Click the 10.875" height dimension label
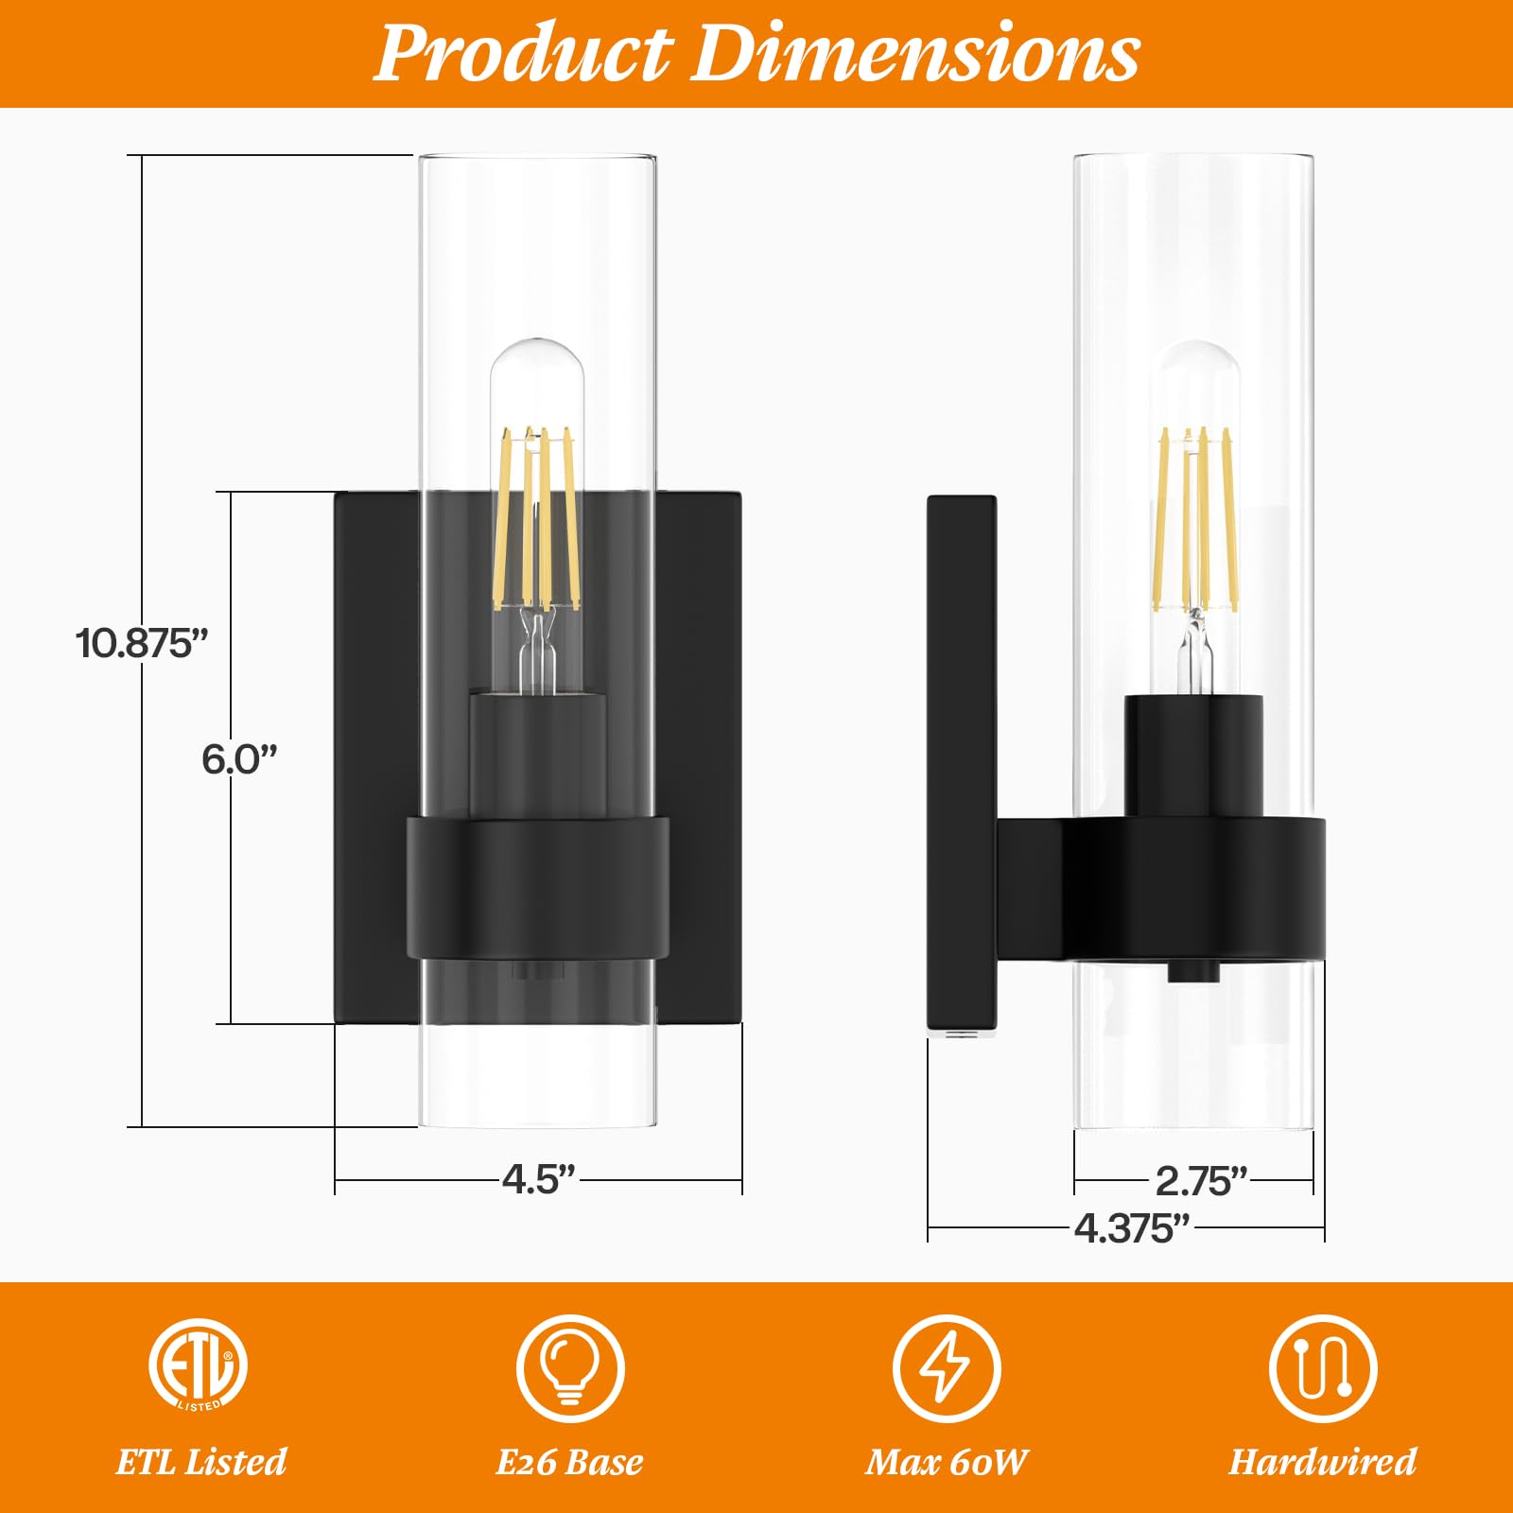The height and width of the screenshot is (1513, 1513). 142,643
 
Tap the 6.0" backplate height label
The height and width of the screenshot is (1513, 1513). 239,759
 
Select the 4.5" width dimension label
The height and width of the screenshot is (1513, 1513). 538,1179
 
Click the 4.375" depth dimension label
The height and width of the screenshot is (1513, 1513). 1131,1228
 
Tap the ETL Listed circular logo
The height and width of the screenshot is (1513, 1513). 198,1365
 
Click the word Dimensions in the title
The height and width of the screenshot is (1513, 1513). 915,54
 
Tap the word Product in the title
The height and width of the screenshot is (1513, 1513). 523,54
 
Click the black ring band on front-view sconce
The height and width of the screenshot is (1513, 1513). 538,887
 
